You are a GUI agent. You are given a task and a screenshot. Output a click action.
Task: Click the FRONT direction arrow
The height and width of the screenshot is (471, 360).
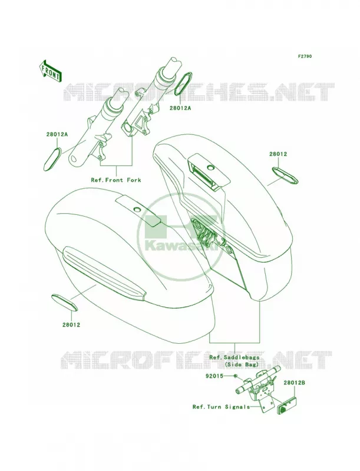(50, 71)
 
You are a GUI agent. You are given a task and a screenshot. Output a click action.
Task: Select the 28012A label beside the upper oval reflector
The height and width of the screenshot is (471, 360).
(180, 108)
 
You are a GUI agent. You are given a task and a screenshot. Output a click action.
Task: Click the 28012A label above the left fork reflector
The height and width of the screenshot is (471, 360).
(57, 135)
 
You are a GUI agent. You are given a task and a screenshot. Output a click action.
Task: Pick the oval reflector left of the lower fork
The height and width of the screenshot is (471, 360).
(52, 159)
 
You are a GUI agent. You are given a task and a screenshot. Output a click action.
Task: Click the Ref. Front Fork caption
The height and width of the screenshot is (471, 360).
(116, 180)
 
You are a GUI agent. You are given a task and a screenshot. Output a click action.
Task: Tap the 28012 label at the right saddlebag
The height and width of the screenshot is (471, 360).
(278, 154)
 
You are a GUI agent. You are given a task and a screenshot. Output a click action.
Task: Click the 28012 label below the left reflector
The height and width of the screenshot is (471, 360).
(71, 325)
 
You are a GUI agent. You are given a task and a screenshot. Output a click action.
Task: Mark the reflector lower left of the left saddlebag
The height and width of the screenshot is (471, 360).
(65, 302)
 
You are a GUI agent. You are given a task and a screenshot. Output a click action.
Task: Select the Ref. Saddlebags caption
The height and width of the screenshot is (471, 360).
(234, 357)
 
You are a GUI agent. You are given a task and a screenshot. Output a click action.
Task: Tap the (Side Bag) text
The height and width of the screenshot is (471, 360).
(242, 364)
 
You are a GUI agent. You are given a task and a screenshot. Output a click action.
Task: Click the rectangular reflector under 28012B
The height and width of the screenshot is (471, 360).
(288, 405)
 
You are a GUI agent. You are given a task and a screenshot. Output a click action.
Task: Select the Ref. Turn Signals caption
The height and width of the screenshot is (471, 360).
(221, 407)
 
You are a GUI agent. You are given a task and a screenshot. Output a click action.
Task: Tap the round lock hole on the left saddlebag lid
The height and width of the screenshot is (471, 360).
(137, 209)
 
